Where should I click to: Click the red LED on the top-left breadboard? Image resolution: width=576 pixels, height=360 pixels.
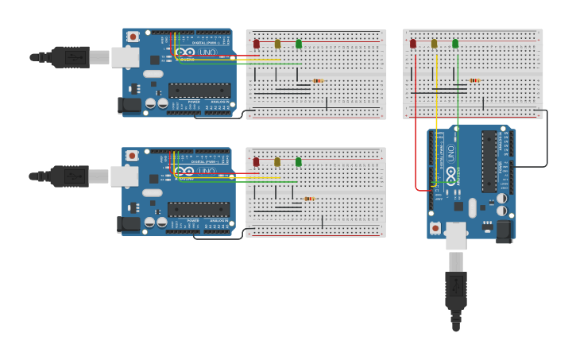pos(257,44)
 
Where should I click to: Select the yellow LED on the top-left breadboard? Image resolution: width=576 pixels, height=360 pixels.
pos(277,44)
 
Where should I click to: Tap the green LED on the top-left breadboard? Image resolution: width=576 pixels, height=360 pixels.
pos(299,44)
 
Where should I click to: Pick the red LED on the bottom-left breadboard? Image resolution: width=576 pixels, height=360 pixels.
pos(256,161)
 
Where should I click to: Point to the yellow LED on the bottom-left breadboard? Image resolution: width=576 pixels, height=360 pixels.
pos(277,161)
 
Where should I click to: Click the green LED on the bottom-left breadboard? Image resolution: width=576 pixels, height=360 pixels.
pos(299,161)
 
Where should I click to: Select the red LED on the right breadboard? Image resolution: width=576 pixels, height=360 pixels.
pos(413,44)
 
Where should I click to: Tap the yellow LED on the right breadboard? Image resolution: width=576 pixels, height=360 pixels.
pos(434,44)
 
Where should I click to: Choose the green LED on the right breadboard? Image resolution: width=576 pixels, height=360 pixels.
pos(455,44)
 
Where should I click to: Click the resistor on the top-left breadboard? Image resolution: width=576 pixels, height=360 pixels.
pos(318,80)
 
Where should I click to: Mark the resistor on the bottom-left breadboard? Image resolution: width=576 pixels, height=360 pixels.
pos(309,199)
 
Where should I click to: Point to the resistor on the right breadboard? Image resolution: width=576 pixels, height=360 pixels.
pos(474,80)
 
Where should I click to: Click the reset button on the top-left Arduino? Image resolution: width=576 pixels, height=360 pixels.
pos(133,37)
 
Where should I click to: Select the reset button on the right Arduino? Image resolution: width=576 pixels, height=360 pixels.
pos(435,227)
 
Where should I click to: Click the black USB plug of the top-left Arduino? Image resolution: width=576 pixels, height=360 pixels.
pos(70,57)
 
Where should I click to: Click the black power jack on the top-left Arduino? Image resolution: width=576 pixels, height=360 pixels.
pos(129,104)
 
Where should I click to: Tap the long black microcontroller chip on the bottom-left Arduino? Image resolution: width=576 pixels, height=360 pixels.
pos(199,209)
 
